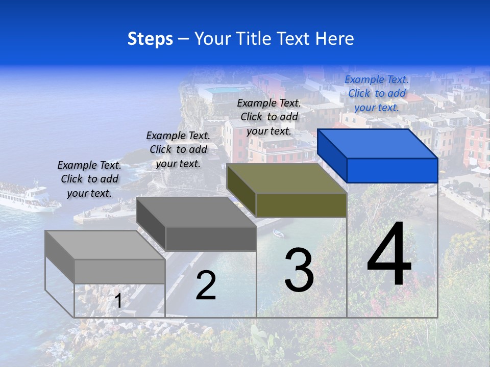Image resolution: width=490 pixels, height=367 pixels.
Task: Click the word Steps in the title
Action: click(150, 39)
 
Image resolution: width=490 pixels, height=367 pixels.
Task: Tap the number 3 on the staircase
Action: click(299, 270)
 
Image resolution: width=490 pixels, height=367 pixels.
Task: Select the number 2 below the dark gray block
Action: click(206, 285)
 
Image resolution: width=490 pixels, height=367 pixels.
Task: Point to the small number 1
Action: click(118, 301)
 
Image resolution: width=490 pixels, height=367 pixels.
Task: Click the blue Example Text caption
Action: click(377, 93)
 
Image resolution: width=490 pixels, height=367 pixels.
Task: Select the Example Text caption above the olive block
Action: click(269, 117)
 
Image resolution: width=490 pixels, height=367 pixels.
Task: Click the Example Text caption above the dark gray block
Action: click(178, 149)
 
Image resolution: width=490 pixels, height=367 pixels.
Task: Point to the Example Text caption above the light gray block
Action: click(89, 179)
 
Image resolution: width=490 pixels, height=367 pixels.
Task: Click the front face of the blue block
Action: click(392, 170)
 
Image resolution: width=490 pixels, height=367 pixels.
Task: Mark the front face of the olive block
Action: click(301, 205)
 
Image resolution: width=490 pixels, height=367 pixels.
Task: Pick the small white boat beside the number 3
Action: click(278, 234)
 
